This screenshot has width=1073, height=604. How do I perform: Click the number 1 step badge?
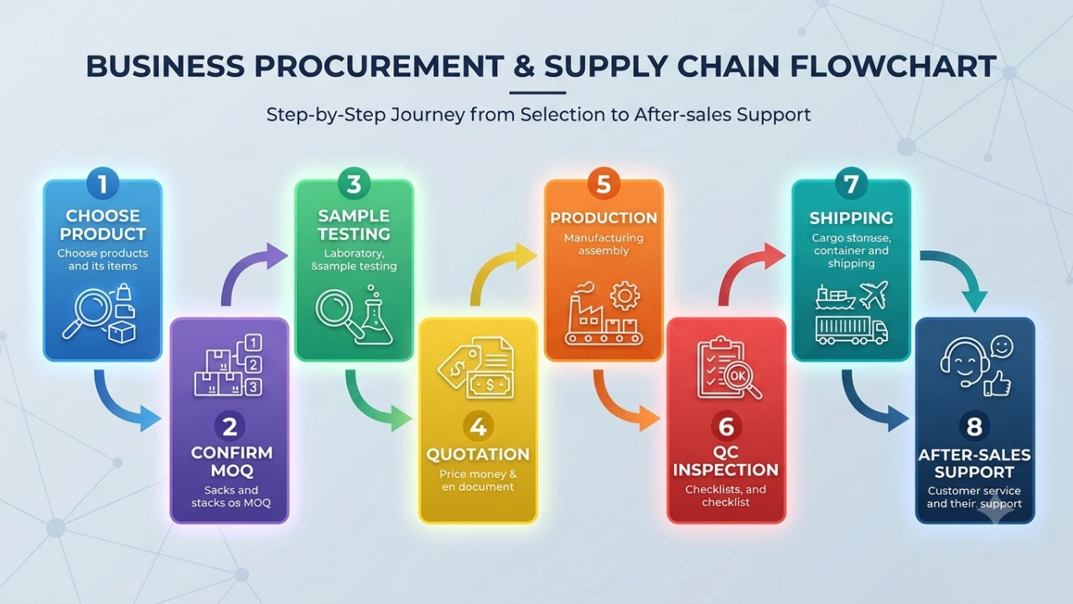click(102, 184)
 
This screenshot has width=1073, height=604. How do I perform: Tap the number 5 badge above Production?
click(604, 184)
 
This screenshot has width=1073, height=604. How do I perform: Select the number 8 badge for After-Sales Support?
click(974, 426)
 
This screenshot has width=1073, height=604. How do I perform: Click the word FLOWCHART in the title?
click(893, 66)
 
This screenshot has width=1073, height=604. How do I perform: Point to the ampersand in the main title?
click(524, 66)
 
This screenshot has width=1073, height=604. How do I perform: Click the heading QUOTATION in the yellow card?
click(478, 454)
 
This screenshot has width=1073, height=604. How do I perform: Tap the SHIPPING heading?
click(851, 218)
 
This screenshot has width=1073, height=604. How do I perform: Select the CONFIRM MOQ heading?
click(231, 461)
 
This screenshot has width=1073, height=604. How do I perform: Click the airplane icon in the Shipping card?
click(873, 294)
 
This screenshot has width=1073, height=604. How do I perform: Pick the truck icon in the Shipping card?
click(851, 331)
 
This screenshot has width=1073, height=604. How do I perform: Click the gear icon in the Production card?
click(625, 296)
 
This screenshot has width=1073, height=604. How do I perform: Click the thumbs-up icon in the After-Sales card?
click(998, 383)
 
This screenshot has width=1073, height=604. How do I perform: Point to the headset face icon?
click(965, 362)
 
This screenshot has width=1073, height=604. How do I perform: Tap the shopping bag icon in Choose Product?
click(124, 292)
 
